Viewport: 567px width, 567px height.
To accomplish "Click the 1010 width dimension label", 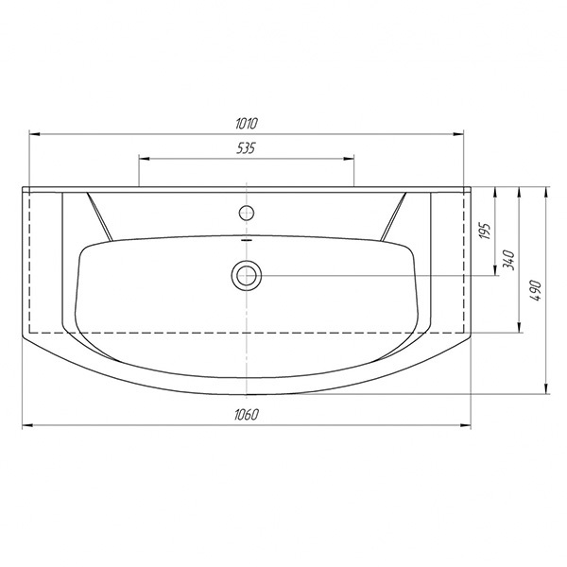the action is (x=247, y=123).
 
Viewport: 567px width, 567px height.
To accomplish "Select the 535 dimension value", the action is (x=246, y=148).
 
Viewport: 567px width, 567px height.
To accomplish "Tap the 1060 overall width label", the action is (x=247, y=415).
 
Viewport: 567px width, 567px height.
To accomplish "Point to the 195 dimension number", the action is (x=486, y=232).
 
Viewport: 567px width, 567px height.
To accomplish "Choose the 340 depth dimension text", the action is (x=508, y=259).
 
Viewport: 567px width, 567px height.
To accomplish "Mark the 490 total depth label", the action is (x=536, y=290).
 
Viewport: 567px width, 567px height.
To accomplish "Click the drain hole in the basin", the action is (x=247, y=276).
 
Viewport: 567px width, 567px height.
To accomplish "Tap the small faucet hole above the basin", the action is (x=247, y=213).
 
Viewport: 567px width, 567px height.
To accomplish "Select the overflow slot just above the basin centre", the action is (x=247, y=239).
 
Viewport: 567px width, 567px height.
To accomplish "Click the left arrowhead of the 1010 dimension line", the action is (x=34, y=134).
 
